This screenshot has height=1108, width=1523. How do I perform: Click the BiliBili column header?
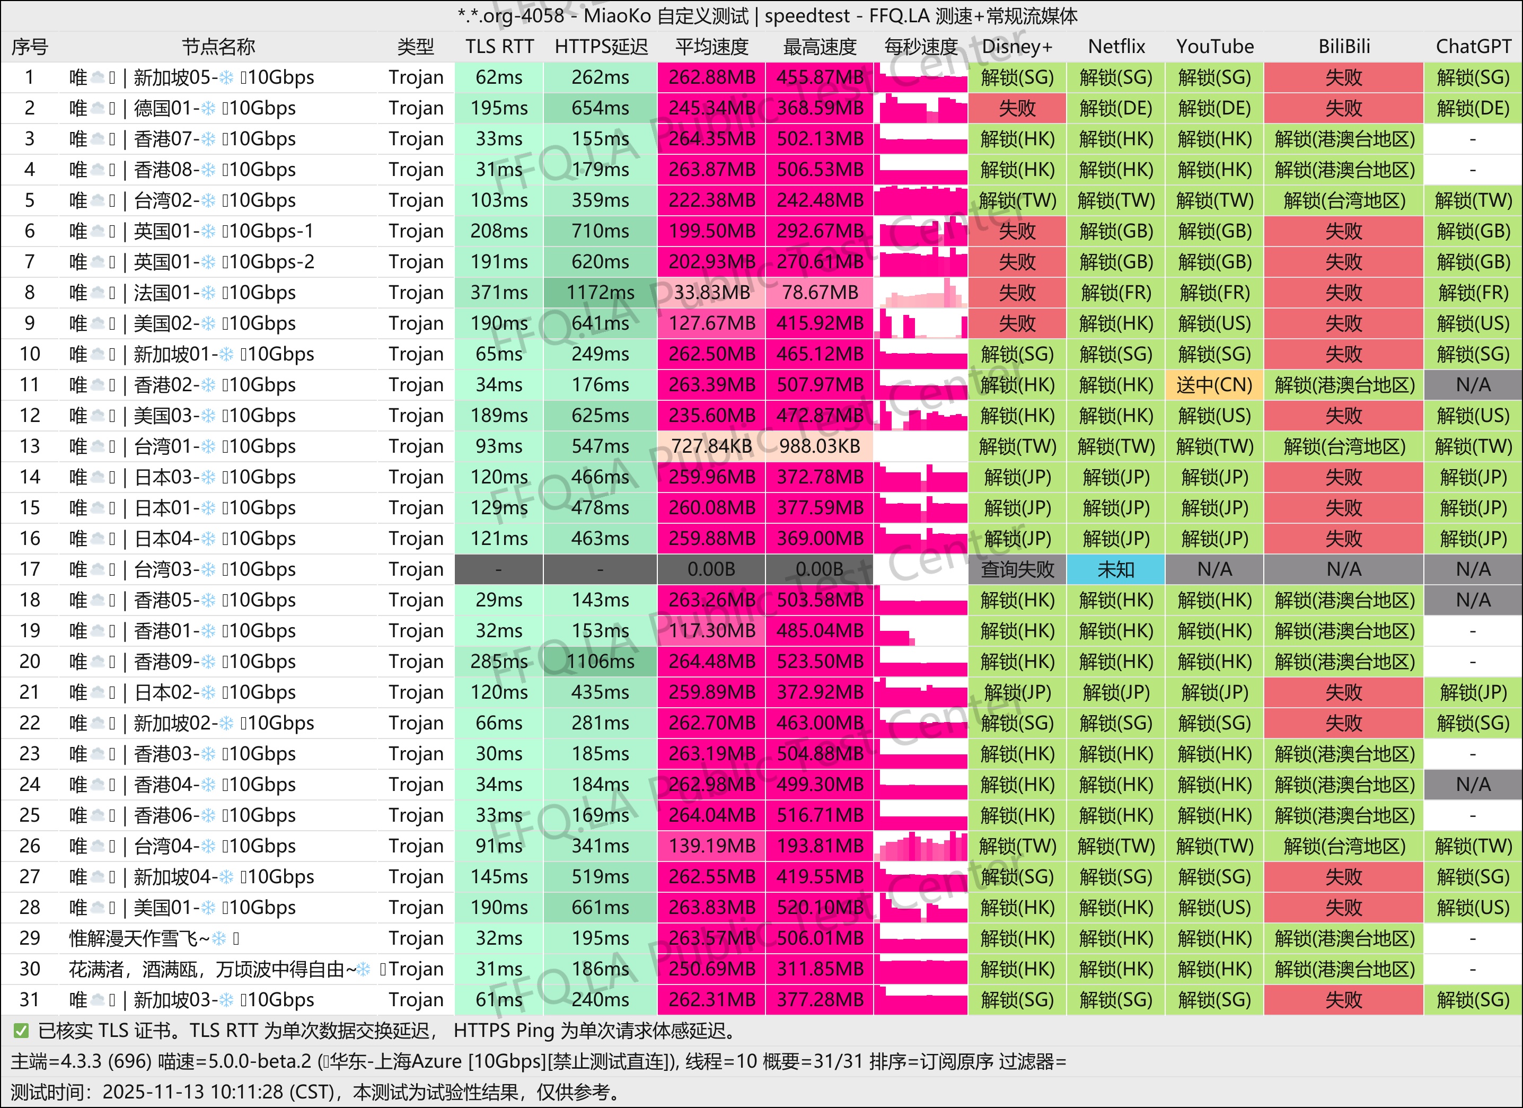coord(1343,46)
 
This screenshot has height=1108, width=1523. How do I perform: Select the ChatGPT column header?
coord(1473,46)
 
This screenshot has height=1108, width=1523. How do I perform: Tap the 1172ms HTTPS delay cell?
coord(600,293)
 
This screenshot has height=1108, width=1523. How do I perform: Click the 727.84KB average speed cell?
coord(711,446)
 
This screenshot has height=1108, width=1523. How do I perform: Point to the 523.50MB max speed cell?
coord(819,662)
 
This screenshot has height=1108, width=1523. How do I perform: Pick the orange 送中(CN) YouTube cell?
coord(1214,385)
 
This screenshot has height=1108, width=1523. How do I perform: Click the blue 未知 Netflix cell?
coord(1115,569)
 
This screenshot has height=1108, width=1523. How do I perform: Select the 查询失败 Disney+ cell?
coord(1017,569)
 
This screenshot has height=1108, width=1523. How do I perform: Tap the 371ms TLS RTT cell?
coord(499,293)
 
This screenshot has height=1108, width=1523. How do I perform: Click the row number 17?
coord(30,569)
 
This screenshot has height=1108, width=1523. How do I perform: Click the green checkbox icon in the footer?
coord(21,1031)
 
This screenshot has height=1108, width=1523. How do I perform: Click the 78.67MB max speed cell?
coord(819,293)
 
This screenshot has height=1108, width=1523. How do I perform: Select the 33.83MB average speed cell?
coord(711,293)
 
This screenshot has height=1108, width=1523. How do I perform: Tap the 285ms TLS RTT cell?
coord(499,662)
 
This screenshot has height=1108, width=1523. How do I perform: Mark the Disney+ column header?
coord(1017,46)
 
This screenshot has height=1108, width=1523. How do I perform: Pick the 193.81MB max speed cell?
coord(819,846)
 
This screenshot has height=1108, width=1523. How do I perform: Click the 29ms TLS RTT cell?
coord(499,600)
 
